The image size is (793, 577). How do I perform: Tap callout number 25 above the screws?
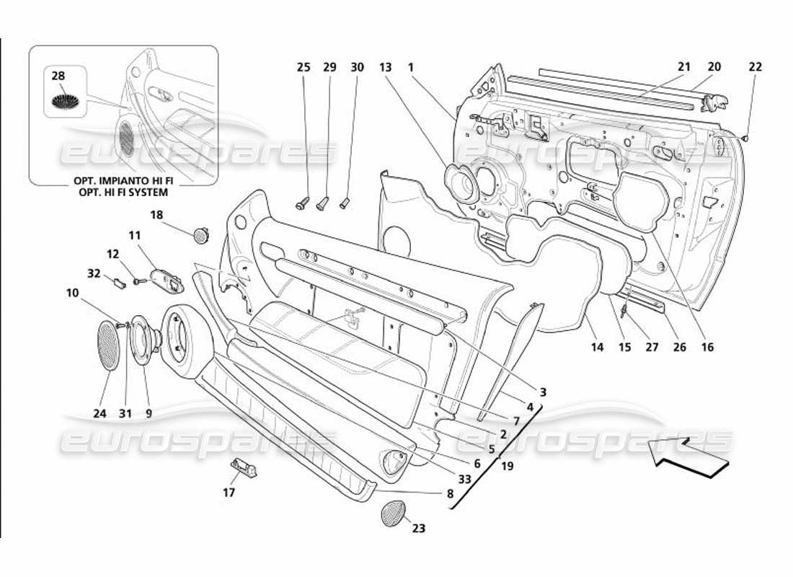(x=304, y=67)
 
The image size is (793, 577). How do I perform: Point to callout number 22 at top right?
(x=755, y=67)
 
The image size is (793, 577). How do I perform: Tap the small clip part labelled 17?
(x=244, y=468)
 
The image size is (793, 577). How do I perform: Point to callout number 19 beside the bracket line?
(x=507, y=466)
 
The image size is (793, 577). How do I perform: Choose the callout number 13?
(x=385, y=67)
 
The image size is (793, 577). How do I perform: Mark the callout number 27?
(x=652, y=347)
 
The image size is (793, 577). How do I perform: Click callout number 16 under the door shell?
(x=707, y=347)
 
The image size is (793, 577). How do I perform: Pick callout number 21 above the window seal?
(x=683, y=67)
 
